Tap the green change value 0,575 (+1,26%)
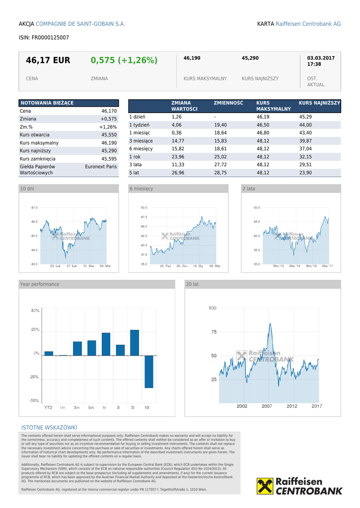click(x=124, y=61)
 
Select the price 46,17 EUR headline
click(x=48, y=61)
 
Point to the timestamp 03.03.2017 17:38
click(x=321, y=61)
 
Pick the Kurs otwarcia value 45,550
click(x=109, y=135)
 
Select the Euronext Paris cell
click(x=101, y=167)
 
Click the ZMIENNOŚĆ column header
click(x=228, y=103)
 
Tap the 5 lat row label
click(x=135, y=173)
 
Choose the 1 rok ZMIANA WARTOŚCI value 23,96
click(x=178, y=157)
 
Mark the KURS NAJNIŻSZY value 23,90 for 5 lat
click(x=305, y=173)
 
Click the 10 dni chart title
click(x=27, y=189)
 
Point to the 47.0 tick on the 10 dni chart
click(x=34, y=207)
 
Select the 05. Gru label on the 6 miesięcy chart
click(x=182, y=266)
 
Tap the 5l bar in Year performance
click(x=134, y=342)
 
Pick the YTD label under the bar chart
click(x=48, y=407)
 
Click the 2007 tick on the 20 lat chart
click(x=267, y=406)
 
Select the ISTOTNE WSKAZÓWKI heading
click(x=49, y=428)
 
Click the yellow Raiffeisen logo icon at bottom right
click(x=265, y=486)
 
